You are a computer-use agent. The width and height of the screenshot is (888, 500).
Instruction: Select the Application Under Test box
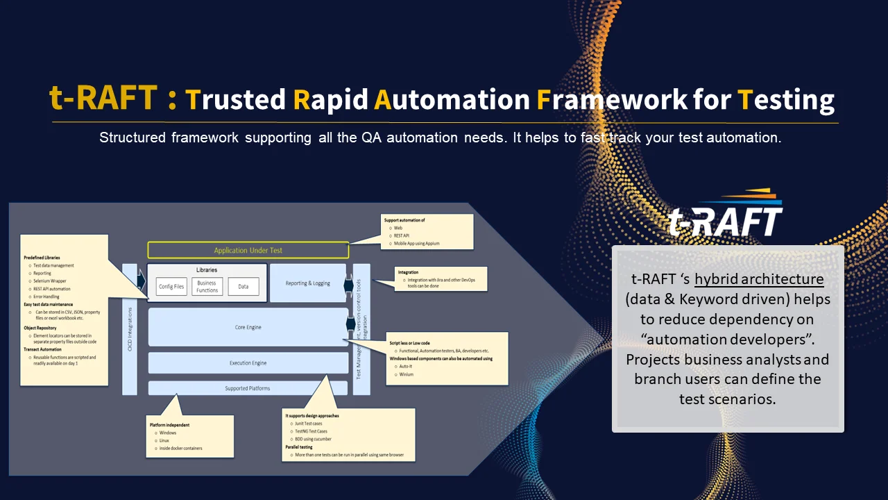pyautogui.click(x=248, y=250)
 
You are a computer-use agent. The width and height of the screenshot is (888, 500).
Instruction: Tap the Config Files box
pyautogui.click(x=171, y=286)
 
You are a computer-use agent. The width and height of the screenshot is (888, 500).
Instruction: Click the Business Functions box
pyautogui.click(x=207, y=286)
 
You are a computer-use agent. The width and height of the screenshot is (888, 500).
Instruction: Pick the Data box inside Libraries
pyautogui.click(x=243, y=286)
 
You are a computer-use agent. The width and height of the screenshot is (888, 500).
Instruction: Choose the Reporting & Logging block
pyautogui.click(x=307, y=283)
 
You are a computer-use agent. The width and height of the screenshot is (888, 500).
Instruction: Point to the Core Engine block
pyautogui.click(x=248, y=327)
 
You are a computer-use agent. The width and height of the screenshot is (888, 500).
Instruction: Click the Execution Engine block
pyautogui.click(x=248, y=363)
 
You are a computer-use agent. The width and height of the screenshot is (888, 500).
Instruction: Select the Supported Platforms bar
pyautogui.click(x=248, y=388)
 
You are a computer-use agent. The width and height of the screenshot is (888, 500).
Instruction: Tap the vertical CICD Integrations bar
pyautogui.click(x=130, y=329)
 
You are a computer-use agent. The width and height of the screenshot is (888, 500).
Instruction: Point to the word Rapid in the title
pyautogui.click(x=330, y=100)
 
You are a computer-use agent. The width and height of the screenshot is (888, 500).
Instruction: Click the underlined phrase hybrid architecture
pyautogui.click(x=759, y=279)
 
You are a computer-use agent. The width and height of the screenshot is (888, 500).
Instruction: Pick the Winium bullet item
pyautogui.click(x=407, y=374)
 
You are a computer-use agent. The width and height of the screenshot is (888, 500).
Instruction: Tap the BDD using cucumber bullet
pyautogui.click(x=313, y=439)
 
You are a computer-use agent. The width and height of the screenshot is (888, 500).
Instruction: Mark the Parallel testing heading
pyautogui.click(x=299, y=447)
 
